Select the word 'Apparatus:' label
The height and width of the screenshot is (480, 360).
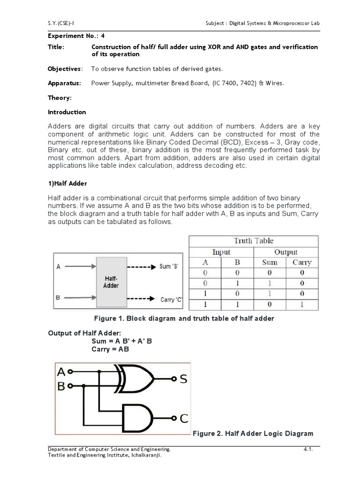pyautogui.click(x=64, y=83)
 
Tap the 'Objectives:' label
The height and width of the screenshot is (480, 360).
pyautogui.click(x=65, y=69)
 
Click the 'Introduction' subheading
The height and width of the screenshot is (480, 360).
pyautogui.click(x=67, y=112)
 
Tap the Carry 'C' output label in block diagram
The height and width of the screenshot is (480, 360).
pyautogui.click(x=171, y=299)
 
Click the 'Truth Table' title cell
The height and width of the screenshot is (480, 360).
pyautogui.click(x=253, y=241)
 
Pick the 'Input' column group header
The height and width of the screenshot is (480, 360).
pyautogui.click(x=221, y=252)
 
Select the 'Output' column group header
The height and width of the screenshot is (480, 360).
pyautogui.click(x=285, y=252)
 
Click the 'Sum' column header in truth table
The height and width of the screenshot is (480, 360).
pyautogui.click(x=270, y=262)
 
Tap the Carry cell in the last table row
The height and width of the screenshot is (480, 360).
pyautogui.click(x=301, y=304)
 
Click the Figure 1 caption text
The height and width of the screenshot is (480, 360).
pyautogui.click(x=184, y=318)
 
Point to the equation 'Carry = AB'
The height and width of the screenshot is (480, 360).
pyautogui.click(x=110, y=349)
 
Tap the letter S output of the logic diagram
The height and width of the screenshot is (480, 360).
pyautogui.click(x=183, y=378)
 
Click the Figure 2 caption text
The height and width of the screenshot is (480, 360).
pyautogui.click(x=253, y=433)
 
